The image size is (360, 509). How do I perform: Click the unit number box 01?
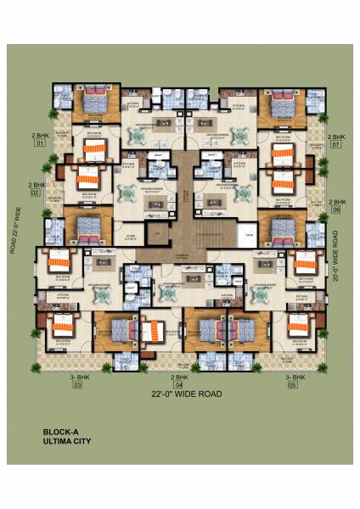(x=38, y=144)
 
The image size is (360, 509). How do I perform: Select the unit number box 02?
(x=36, y=193)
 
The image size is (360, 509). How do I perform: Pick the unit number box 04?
(x=179, y=385)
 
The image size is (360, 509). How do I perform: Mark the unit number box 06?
(x=336, y=210)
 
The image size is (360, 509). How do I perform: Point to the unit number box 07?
(x=336, y=144)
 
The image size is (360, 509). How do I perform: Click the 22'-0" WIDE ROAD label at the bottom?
(x=187, y=394)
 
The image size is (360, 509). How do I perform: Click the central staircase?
(x=205, y=229)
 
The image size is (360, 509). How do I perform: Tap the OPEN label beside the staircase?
(x=249, y=237)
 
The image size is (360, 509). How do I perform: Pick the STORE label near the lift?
(x=131, y=237)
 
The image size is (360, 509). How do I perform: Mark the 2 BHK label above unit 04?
(x=179, y=376)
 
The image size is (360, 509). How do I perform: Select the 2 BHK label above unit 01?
(x=39, y=136)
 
